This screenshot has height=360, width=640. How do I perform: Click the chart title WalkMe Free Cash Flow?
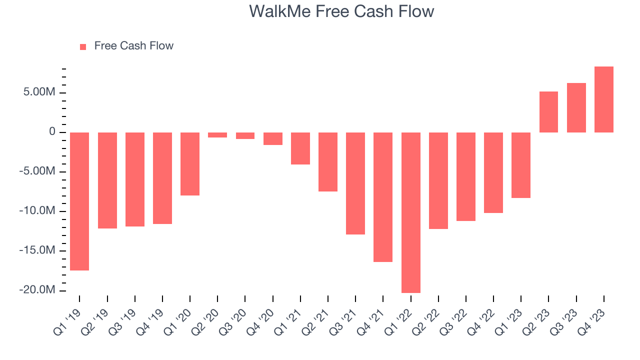coord(341,11)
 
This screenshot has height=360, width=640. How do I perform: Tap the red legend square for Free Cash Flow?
coord(83,46)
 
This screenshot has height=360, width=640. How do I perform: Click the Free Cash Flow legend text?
coord(133,46)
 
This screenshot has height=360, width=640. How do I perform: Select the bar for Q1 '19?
coord(79,201)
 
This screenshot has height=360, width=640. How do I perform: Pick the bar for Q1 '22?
coord(411,212)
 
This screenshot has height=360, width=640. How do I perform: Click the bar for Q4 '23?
coord(604,99)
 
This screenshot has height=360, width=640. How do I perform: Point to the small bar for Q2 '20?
coord(217,135)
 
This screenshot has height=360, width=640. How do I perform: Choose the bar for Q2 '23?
coord(548,112)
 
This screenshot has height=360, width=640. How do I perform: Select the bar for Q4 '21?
coord(383,197)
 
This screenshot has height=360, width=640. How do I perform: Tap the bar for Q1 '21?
coord(300,148)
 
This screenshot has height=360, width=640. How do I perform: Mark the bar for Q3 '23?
coord(576,107)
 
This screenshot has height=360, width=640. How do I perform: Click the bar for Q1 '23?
coord(521,165)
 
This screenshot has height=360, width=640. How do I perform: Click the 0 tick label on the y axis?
coord(52,132)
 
